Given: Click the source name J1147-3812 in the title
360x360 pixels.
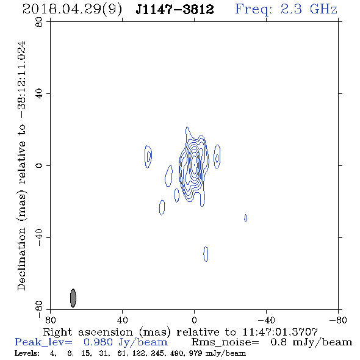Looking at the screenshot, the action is pos(175,9).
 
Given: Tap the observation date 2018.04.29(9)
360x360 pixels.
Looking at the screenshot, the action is pos(73,9).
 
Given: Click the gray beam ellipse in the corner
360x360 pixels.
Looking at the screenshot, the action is pos(73,298).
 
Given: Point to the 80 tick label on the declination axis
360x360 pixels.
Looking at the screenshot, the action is pos(39,22).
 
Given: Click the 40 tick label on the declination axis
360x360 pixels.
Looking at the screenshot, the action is pos(39,94).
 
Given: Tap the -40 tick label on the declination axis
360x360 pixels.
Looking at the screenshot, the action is pos(39,237).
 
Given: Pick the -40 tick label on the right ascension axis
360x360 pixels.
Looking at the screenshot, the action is pos(266,320).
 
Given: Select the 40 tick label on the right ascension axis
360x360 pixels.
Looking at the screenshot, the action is pos(122,320).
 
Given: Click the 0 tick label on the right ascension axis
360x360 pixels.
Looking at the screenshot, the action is pos(194,320).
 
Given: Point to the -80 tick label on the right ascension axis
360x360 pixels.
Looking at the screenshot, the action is pos(338,320).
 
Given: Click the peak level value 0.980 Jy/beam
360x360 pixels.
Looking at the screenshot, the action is pos(126,342).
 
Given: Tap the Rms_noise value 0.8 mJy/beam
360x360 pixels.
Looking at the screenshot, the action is pos(311,342).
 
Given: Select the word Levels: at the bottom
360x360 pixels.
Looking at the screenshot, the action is pos(27,353).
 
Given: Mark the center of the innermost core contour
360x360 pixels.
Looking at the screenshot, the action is pos(194,165).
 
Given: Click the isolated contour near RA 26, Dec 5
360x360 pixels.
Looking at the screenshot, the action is pos(148,157).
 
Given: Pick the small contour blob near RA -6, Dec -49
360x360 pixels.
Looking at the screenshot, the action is pos(206,254).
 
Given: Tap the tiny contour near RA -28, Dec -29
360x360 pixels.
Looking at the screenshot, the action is pos(246,218).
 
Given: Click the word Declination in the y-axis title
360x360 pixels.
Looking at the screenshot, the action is pos(21,259).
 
